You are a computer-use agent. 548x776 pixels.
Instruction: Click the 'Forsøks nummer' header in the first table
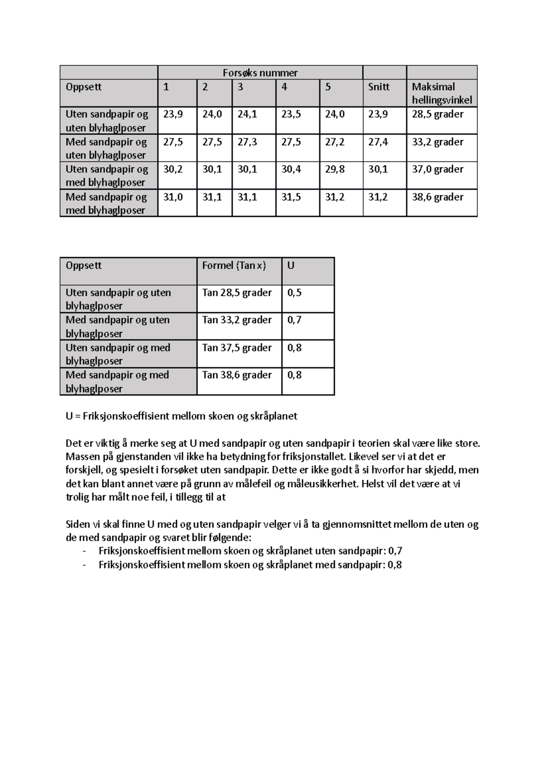260,73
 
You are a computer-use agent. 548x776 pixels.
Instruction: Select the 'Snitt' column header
379,87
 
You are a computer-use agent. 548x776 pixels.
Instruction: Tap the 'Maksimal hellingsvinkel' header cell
442,93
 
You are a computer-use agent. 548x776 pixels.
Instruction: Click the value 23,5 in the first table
291,114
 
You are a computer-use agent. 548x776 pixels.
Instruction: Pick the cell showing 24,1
247,114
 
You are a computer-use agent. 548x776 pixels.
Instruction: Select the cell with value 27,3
247,142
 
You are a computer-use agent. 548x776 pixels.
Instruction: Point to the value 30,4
291,169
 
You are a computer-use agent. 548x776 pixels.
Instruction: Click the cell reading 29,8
335,169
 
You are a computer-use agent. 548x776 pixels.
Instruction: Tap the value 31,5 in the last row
291,197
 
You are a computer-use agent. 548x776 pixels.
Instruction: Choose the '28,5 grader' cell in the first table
437,114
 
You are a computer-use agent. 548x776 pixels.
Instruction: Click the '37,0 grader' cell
437,169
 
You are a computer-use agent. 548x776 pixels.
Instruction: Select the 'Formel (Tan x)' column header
234,266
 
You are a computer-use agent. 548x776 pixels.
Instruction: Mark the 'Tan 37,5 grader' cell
237,348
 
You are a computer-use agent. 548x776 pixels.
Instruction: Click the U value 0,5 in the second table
295,292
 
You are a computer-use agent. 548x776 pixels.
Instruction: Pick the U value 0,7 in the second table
295,320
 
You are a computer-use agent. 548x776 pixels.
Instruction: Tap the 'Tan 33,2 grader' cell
237,320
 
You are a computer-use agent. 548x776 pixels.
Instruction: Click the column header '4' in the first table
285,87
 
